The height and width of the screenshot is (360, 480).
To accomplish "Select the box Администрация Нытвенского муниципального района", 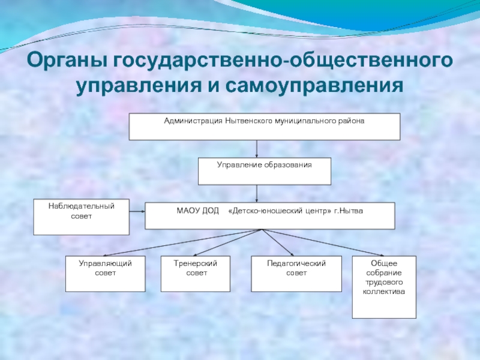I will [265, 127].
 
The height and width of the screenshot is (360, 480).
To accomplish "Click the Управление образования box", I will [265, 171].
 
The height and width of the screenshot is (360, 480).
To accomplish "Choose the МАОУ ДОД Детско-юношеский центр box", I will [270, 215].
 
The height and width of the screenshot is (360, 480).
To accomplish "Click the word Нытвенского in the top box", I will [248, 121].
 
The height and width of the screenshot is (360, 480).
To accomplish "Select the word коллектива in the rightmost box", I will [383, 292].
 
